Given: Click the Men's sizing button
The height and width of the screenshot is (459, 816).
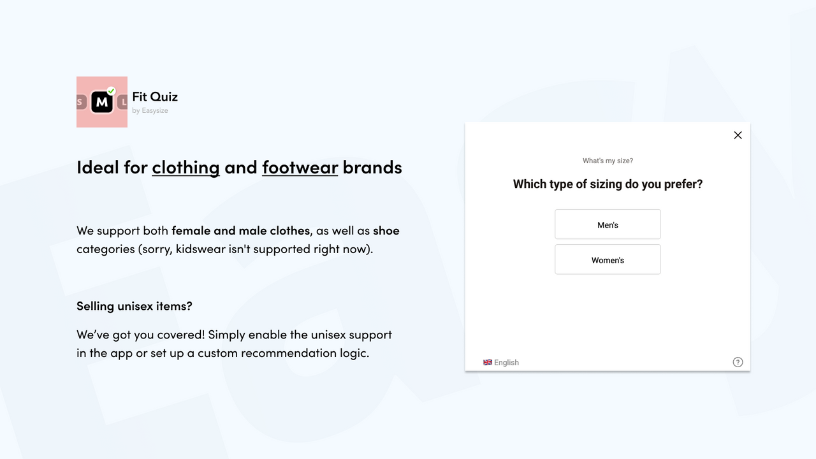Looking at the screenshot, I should [608, 224].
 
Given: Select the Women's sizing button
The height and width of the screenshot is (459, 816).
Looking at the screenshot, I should [608, 259].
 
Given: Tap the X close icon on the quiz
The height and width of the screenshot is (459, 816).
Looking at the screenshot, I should [738, 135].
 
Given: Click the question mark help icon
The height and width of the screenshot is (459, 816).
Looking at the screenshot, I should [738, 362].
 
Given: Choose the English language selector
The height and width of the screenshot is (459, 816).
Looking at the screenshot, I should [506, 363].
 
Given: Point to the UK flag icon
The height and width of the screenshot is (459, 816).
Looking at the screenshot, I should [488, 362].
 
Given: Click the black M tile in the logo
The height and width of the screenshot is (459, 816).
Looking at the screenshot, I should [101, 102].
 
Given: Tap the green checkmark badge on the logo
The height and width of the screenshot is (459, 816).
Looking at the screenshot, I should [111, 91].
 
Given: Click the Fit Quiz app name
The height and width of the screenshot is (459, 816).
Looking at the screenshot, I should [155, 97].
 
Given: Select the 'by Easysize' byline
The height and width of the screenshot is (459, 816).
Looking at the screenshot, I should [150, 111].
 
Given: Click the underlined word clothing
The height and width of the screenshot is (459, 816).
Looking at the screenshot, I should [186, 167].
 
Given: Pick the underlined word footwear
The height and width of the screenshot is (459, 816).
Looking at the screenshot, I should [300, 167].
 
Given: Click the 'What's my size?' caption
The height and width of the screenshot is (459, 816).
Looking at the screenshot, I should [608, 161].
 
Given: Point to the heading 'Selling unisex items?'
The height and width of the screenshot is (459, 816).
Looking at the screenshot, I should [134, 306].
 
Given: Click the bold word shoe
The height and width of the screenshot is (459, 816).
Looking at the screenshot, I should [386, 230].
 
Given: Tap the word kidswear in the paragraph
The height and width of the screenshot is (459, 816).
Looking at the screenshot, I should [200, 249].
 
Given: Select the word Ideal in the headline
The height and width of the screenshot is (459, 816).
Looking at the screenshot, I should [97, 167].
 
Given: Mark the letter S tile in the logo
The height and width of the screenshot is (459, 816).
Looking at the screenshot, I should [80, 102].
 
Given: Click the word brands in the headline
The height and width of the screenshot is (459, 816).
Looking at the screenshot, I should [372, 167].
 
